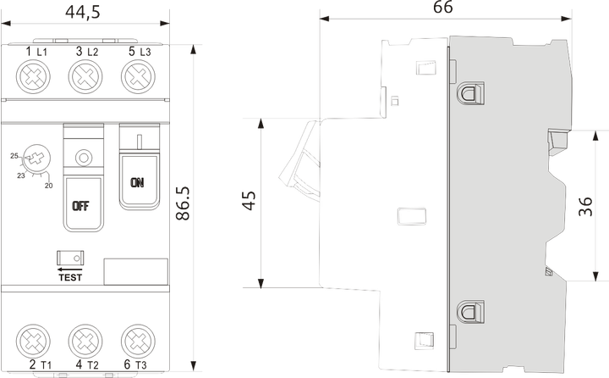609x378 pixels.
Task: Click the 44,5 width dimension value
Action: point(83,12)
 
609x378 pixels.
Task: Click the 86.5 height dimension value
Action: point(183,203)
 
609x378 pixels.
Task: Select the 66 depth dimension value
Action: point(442,7)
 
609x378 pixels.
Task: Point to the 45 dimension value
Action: point(249,201)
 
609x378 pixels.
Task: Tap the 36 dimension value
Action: point(585,206)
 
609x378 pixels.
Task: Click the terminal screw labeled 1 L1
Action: point(33,76)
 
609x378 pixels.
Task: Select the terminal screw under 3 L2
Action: point(85,76)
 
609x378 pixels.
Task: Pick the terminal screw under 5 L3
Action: point(138,76)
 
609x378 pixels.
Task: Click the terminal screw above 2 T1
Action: point(33,341)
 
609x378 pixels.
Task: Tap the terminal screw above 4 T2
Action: point(85,341)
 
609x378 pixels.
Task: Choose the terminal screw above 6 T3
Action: point(138,341)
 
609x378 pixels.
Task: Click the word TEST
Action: point(70,277)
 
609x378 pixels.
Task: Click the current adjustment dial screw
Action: point(36,158)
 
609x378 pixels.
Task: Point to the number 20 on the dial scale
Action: point(48,186)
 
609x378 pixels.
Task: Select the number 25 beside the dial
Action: point(14,156)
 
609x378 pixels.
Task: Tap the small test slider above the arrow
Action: point(70,258)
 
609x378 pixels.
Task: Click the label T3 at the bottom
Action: point(141,365)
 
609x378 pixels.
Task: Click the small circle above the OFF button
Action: point(83,158)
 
